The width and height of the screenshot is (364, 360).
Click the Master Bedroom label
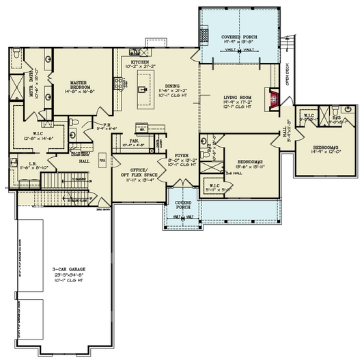83,85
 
